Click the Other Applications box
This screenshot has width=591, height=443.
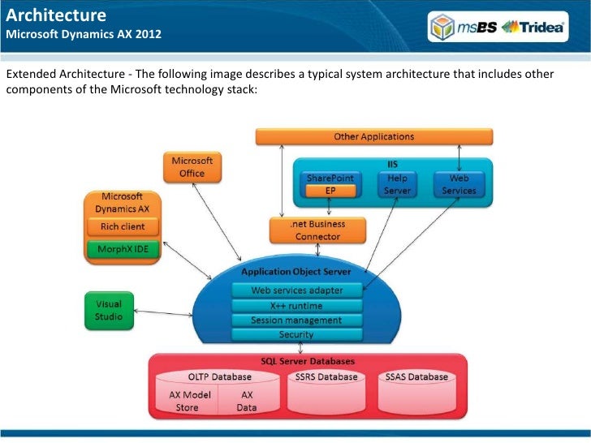pyautogui.click(x=374, y=136)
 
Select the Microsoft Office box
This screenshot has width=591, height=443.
pyautogui.click(x=192, y=167)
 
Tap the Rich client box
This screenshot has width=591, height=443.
pyautogui.click(x=123, y=226)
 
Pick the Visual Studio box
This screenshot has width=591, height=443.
pyautogui.click(x=104, y=310)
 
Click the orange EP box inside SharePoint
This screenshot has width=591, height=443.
pyautogui.click(x=330, y=191)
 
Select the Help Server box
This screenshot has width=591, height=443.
pyautogui.click(x=397, y=184)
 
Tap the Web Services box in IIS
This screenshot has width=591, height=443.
pyautogui.click(x=459, y=184)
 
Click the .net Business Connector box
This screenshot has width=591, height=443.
pyautogui.click(x=317, y=230)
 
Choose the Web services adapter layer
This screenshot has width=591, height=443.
pyautogui.click(x=297, y=290)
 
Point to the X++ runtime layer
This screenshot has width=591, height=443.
pyautogui.click(x=297, y=305)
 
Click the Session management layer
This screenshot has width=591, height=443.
pyautogui.click(x=297, y=320)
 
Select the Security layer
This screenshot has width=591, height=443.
pyautogui.click(x=297, y=334)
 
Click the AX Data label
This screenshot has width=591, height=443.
pyautogui.click(x=247, y=401)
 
